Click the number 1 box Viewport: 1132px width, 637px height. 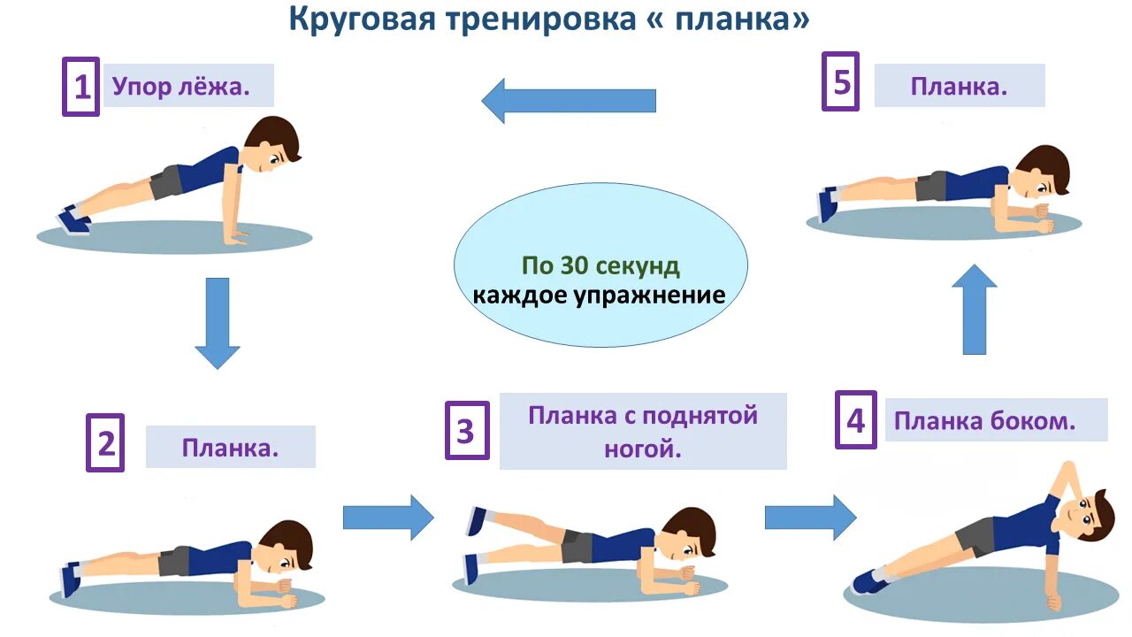[x=80, y=87]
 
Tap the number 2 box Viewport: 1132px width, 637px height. [x=105, y=442]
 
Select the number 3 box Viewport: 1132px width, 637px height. [x=466, y=431]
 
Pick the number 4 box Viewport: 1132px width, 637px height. [x=855, y=419]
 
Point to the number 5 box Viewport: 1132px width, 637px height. [x=840, y=81]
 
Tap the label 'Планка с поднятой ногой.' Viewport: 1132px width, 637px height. [x=643, y=431]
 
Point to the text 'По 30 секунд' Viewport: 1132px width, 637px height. [x=600, y=265]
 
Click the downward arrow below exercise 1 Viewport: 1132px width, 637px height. [x=217, y=323]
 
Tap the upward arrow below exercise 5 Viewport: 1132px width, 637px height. [x=974, y=310]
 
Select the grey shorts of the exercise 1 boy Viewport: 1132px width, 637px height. [x=166, y=182]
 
